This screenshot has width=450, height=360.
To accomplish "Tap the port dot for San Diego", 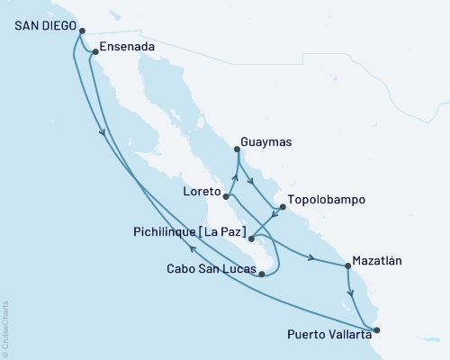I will tap(82, 31).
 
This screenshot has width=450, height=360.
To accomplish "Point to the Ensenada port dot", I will tap(95, 52).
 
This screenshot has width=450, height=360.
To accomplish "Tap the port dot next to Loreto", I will tap(227, 196).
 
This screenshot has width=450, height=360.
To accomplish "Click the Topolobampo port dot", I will tap(283, 207).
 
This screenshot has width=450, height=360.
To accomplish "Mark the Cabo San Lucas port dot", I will tap(261, 274).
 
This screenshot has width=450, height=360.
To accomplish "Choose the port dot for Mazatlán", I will tap(347, 265).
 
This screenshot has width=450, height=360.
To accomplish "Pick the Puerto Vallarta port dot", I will tap(376, 330).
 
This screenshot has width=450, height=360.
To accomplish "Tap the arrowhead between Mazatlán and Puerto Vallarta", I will tap(350, 291).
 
